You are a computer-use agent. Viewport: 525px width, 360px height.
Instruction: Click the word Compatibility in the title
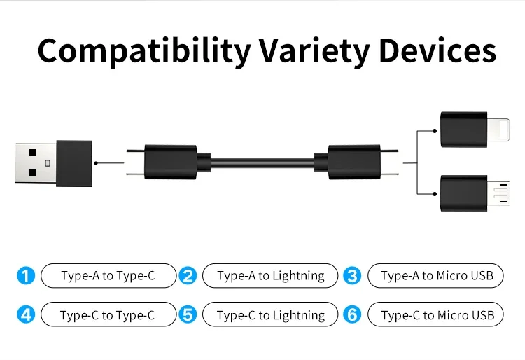143,50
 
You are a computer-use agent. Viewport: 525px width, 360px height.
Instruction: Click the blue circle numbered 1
25,276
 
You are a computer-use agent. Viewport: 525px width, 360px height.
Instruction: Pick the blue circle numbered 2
188,276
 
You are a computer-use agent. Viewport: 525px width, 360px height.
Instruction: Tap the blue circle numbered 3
353,276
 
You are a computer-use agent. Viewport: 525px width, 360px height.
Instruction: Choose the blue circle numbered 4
25,315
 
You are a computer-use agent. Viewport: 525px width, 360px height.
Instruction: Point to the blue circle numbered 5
188,315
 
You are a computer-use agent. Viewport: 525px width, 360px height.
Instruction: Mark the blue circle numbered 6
353,315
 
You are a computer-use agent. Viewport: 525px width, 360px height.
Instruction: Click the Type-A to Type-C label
108,276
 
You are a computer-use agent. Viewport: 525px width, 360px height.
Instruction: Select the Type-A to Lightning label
270,276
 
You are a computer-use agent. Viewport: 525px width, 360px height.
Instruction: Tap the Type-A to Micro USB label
437,276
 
